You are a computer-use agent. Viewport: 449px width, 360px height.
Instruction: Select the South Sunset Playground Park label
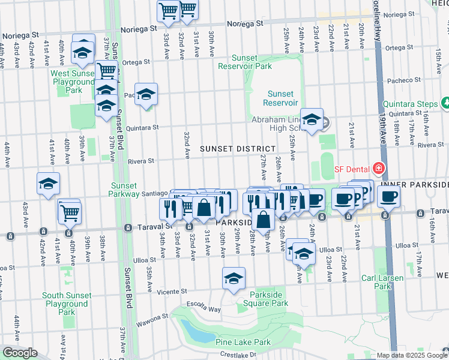(67, 304)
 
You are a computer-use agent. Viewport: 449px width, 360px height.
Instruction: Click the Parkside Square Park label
(262, 303)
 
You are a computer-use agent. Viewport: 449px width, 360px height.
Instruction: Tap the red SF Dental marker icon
(378, 167)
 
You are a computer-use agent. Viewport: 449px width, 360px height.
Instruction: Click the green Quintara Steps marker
(445, 103)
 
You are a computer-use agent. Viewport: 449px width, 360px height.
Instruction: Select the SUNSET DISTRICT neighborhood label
(238, 148)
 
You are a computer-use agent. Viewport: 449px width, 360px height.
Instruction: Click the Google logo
(20, 353)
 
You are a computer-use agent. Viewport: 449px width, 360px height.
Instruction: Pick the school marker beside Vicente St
(234, 277)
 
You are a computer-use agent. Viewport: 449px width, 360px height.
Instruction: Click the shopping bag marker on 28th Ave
(263, 220)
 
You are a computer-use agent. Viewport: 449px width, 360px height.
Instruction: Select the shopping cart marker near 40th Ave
(70, 211)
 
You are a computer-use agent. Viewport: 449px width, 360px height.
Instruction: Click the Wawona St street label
(155, 316)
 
